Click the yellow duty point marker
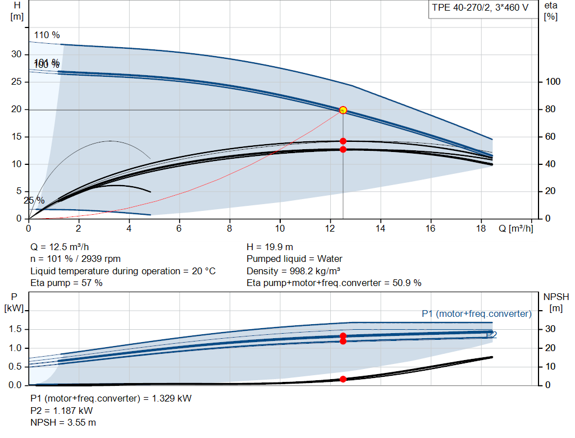(343, 110)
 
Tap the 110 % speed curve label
(47, 35)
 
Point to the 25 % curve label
(34, 200)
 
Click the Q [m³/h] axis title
(515, 228)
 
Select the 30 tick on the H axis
(16, 54)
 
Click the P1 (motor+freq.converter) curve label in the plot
(476, 313)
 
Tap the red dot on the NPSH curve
(343, 379)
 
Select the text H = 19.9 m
(270, 247)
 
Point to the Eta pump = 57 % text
(66, 283)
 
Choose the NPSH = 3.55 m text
(63, 422)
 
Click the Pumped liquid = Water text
(294, 259)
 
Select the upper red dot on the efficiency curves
(343, 141)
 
